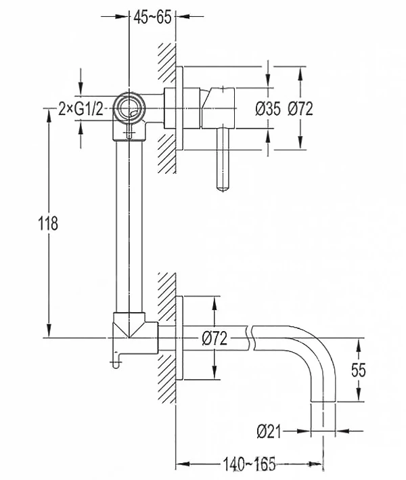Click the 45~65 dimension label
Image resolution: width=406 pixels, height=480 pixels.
[152, 17]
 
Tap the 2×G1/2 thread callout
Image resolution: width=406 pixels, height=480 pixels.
[81, 109]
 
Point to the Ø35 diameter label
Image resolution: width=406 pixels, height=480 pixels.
[268, 109]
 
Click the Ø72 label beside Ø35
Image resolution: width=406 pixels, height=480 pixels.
[300, 109]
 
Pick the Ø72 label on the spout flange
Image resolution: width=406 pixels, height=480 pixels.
[215, 339]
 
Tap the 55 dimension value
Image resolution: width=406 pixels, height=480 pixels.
[358, 370]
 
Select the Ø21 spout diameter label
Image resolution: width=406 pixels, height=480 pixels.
[269, 432]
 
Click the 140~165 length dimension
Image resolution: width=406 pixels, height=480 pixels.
[249, 464]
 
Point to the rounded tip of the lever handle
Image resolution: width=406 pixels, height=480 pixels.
[223, 189]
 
